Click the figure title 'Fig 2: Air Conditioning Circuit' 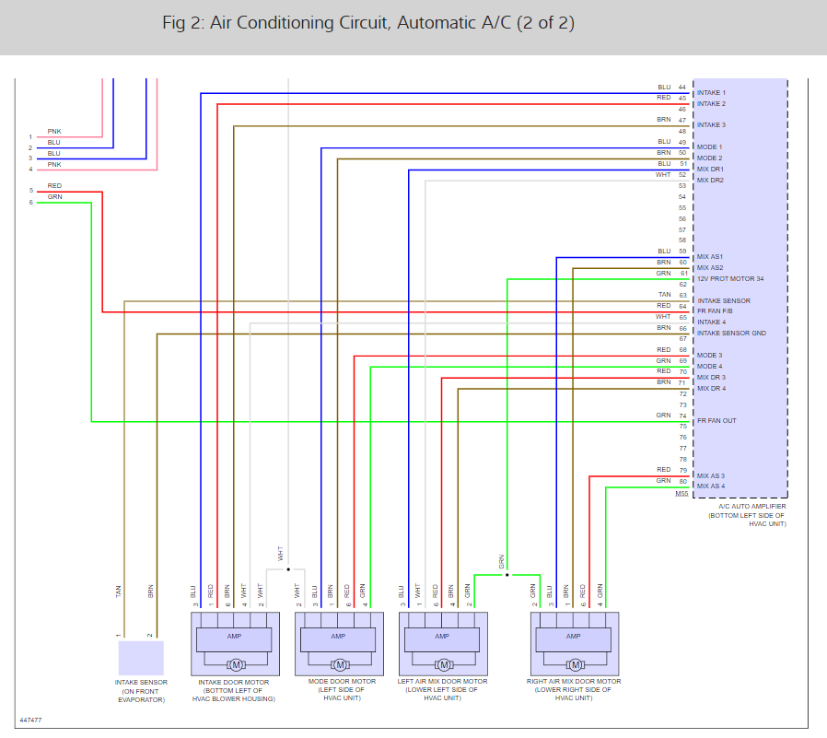368,24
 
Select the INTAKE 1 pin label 711,93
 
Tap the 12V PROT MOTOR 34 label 730,278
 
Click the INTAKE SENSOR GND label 732,334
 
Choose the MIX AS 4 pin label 711,486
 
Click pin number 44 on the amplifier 682,88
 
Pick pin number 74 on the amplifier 682,416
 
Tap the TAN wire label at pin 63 664,295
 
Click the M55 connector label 681,494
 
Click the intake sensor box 141,658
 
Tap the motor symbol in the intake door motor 235,664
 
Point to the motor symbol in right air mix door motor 577,664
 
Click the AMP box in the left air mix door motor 443,638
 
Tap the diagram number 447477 29,720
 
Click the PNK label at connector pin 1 54,132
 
